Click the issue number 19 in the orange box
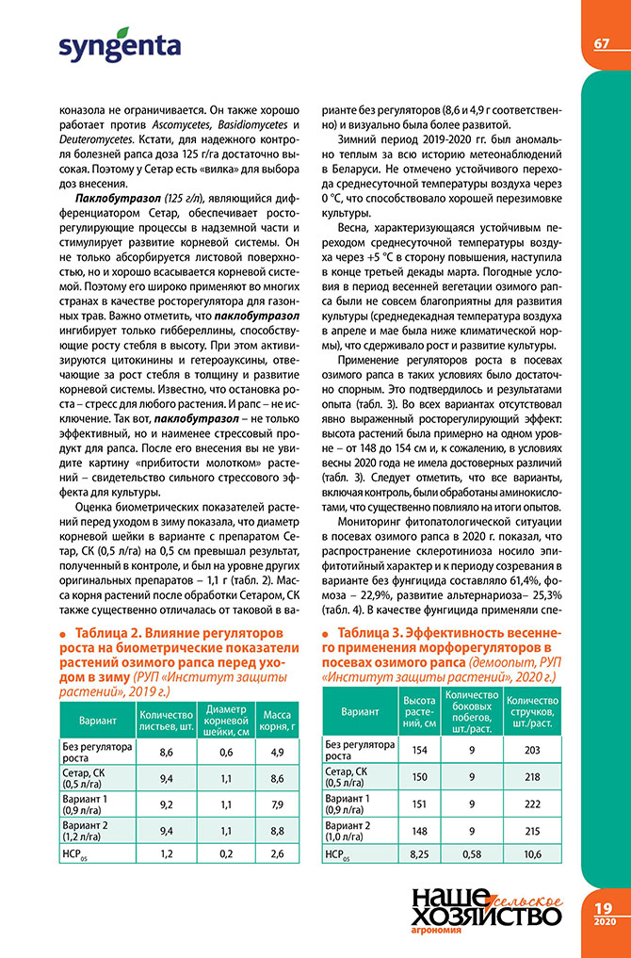[x=603, y=906]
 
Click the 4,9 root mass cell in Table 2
[x=277, y=751]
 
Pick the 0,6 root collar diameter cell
[x=226, y=751]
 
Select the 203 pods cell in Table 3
[x=532, y=750]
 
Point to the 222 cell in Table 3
[x=532, y=803]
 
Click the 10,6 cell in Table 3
[x=532, y=854]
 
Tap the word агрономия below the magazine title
[x=439, y=942]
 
